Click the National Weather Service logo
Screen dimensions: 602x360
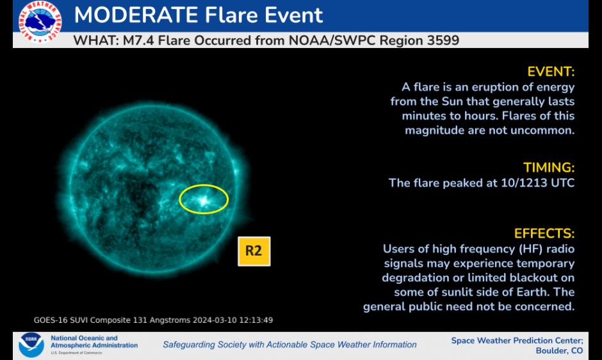[x=40, y=22]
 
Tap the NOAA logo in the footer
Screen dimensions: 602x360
[x=31, y=345]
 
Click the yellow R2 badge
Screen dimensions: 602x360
[x=254, y=251]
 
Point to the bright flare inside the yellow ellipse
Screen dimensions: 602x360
[x=203, y=200]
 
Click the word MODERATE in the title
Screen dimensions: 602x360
[x=136, y=15]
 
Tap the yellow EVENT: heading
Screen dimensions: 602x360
[x=551, y=72]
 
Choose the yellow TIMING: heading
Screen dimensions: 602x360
[x=549, y=168]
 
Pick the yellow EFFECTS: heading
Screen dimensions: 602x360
[x=544, y=234]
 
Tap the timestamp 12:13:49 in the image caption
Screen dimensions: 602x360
[x=256, y=320]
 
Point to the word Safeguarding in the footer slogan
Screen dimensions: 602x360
[x=189, y=345]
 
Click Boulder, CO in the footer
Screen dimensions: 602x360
[x=559, y=351]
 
